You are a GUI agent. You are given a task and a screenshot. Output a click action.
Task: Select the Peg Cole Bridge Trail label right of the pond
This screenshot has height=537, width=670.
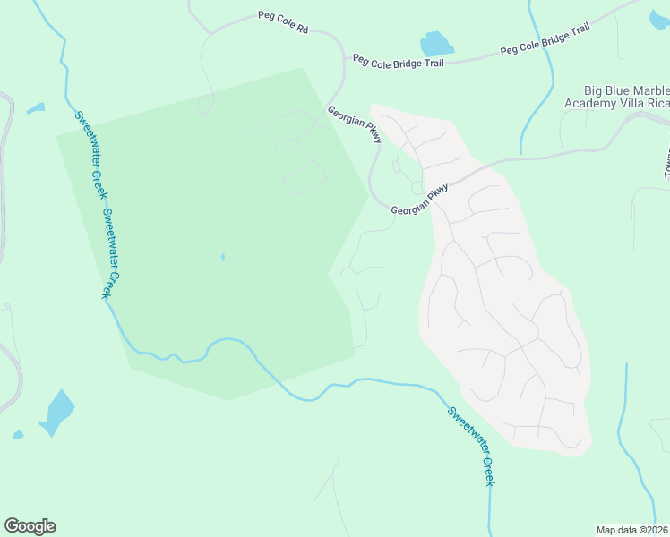[x=545, y=40]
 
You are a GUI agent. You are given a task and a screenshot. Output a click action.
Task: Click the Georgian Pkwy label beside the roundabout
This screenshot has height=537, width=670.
[x=419, y=200]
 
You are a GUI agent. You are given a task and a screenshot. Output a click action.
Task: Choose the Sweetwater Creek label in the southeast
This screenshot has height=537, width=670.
[x=471, y=446]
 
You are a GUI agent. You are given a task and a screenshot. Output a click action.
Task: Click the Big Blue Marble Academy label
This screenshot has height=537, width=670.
[x=626, y=91]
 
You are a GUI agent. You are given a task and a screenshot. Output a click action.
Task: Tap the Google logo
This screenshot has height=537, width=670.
[x=30, y=526]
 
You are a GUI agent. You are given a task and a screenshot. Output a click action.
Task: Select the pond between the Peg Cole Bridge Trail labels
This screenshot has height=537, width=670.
[x=435, y=44]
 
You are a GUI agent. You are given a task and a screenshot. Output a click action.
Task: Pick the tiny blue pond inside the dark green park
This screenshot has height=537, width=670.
[x=222, y=258]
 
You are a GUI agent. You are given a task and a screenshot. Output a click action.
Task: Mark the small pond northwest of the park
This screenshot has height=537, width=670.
[x=35, y=109]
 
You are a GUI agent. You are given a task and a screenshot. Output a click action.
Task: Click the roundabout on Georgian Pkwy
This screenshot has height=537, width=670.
[x=417, y=187]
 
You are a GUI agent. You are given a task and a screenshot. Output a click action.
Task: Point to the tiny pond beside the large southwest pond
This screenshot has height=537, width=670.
[x=18, y=435]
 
